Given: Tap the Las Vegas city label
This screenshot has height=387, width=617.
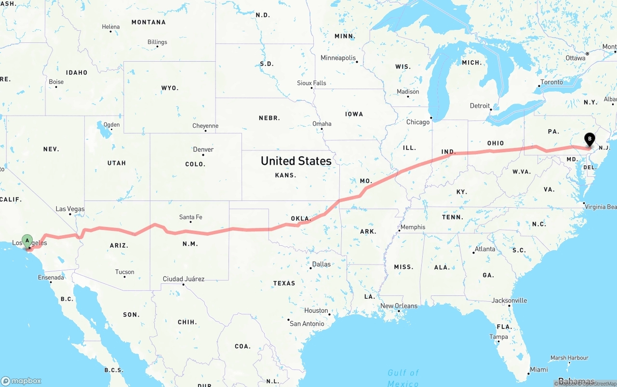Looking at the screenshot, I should pyautogui.click(x=70, y=209).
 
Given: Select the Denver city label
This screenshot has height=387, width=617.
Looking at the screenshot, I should pyautogui.click(x=203, y=149).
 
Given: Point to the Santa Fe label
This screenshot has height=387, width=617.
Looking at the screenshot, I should pyautogui.click(x=190, y=217).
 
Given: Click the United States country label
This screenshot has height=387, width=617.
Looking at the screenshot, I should pyautogui.click(x=296, y=160).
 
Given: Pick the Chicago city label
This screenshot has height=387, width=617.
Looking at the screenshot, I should pyautogui.click(x=418, y=122).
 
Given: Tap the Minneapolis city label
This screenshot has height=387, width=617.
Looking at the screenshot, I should pyautogui.click(x=338, y=58).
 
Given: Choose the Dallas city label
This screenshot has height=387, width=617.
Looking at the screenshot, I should pyautogui.click(x=321, y=264).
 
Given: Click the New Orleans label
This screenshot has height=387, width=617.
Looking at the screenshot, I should pyautogui.click(x=399, y=306).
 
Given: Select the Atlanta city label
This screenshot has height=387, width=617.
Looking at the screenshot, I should pyautogui.click(x=484, y=249).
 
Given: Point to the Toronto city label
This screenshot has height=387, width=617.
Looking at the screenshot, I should pyautogui.click(x=551, y=82).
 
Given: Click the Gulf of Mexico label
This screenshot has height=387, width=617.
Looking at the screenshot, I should pyautogui.click(x=403, y=377).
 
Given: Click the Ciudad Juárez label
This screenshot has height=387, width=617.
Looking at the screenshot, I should pyautogui.click(x=183, y=279).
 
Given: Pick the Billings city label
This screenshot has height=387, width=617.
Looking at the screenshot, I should pyautogui.click(x=157, y=42).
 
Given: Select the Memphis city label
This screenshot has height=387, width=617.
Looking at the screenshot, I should pyautogui.click(x=413, y=227).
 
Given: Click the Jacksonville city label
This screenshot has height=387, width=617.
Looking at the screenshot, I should pyautogui.click(x=509, y=300).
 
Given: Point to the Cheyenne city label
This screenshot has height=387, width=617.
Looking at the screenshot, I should pyautogui.click(x=205, y=126).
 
